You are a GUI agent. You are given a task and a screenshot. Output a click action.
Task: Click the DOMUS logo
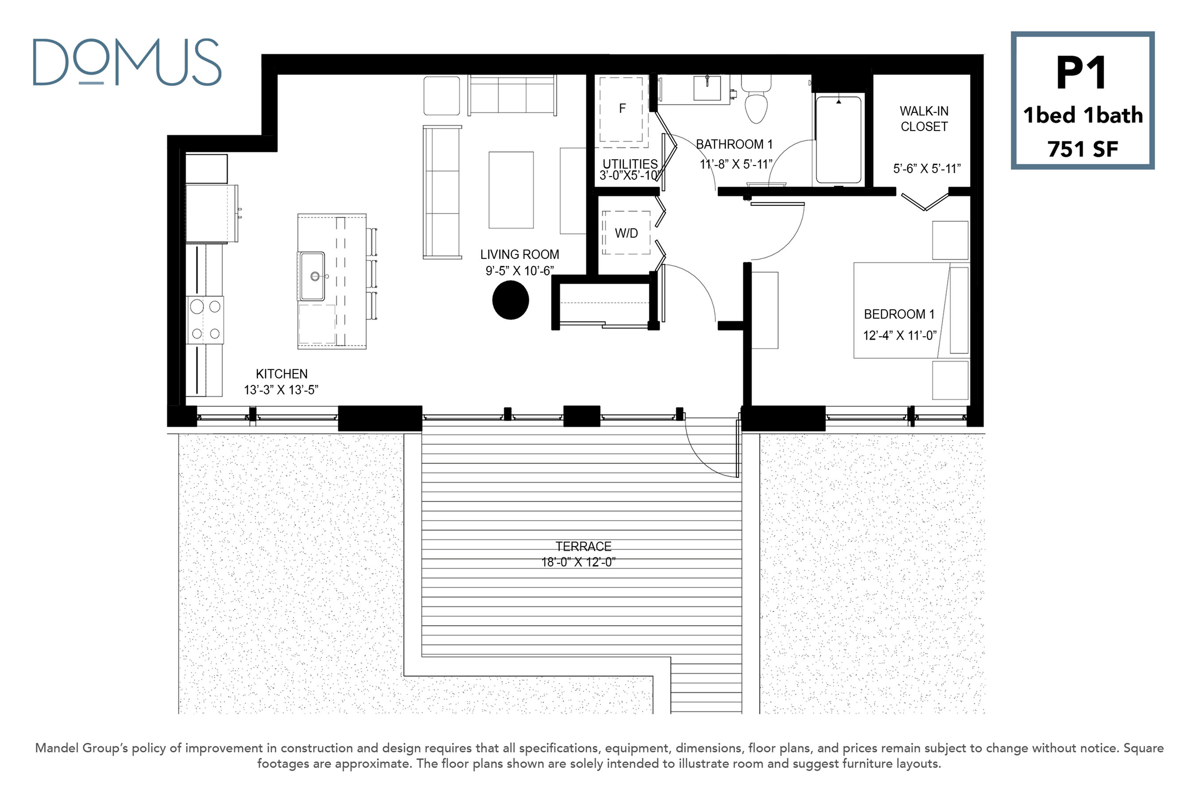pos(127,62)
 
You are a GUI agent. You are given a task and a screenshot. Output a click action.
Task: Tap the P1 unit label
pos(1082,73)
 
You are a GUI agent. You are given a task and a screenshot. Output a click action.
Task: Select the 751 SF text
pos(1083,149)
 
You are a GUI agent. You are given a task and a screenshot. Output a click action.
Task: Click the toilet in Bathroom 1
pos(756,99)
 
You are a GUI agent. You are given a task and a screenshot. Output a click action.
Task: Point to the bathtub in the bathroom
pos(839,139)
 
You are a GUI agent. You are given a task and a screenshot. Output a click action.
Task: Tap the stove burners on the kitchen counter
pos(205,320)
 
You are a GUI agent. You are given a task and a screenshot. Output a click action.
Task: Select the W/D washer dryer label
pos(627,233)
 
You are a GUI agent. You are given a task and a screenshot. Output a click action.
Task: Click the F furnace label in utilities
pos(622,108)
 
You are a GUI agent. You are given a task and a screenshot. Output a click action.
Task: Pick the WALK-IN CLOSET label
pos(924,119)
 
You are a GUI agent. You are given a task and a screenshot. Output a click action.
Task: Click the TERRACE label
pos(584,546)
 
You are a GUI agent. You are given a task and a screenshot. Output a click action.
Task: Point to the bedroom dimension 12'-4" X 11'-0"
pos(900,335)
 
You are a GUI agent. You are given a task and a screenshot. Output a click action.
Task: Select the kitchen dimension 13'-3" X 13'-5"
pos(281,390)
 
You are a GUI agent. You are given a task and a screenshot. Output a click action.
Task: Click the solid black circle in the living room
pos(511,300)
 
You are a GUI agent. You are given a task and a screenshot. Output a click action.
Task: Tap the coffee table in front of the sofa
pos(511,190)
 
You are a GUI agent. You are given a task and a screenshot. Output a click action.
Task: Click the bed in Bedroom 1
pos(911,310)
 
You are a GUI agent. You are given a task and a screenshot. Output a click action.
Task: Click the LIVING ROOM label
pos(520,254)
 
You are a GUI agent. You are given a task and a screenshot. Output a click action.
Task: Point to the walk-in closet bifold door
pos(925,201)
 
